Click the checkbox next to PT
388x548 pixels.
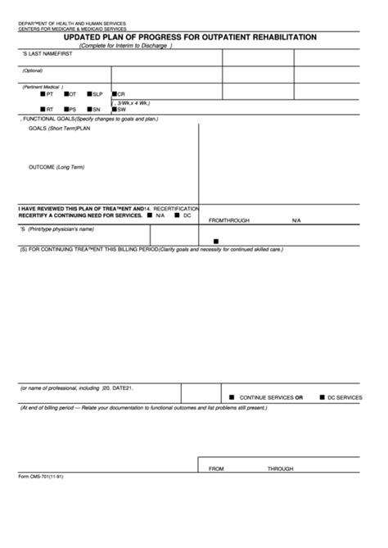coord(43,94)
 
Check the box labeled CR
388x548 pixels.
coord(113,94)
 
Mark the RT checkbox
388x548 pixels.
coord(43,110)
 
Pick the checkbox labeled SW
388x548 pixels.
coord(113,110)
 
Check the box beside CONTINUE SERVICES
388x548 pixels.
coord(232,397)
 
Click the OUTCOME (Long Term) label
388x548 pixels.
coord(56,167)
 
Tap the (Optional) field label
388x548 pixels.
coord(33,70)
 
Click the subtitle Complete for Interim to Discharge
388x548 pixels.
coord(125,46)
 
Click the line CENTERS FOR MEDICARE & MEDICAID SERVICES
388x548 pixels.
coord(72,28)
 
